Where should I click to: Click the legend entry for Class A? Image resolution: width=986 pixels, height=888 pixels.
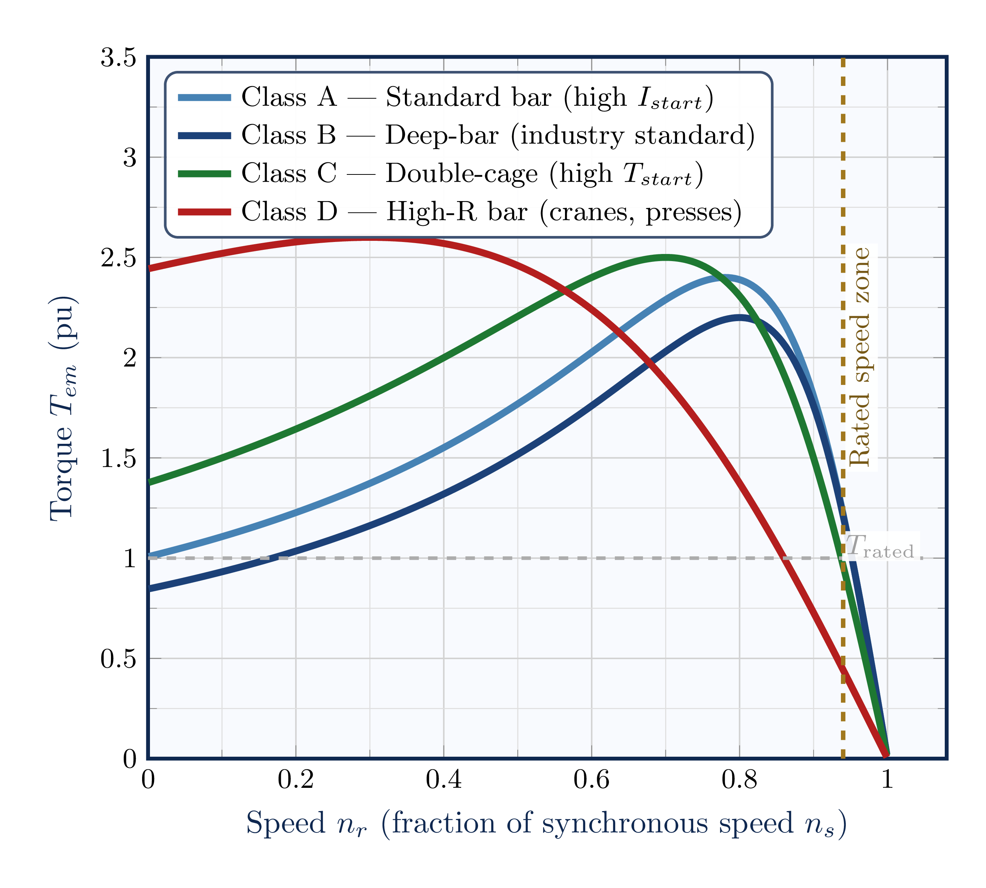[x=477, y=97]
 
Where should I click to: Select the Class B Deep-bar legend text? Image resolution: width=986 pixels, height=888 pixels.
[x=497, y=135]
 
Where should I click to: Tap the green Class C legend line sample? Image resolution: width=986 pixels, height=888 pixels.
[x=204, y=174]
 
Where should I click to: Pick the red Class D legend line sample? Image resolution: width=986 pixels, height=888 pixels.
[x=204, y=212]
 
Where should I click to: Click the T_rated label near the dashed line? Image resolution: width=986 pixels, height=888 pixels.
[x=881, y=547]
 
